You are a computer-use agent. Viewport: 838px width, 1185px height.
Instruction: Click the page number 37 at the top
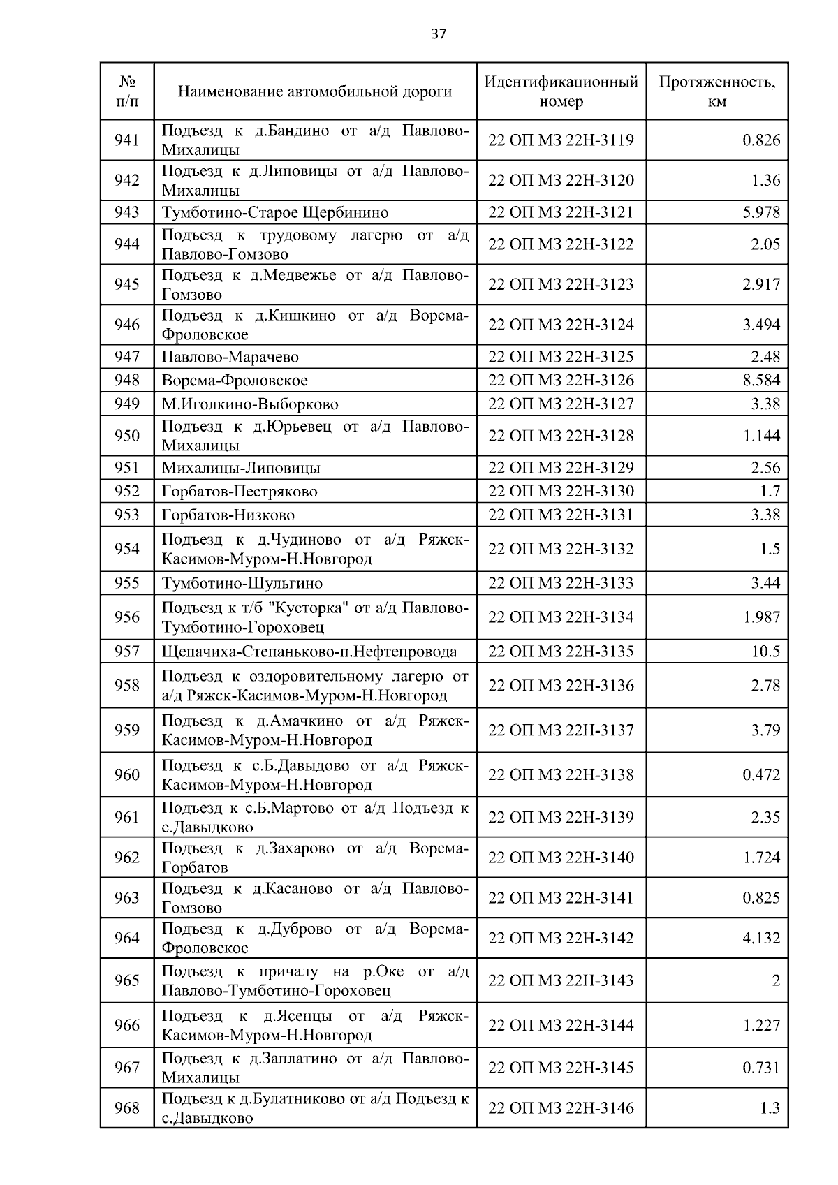(439, 34)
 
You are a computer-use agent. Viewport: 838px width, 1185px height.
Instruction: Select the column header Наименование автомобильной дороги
(314, 91)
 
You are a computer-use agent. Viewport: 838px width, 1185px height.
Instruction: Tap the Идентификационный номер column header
(561, 91)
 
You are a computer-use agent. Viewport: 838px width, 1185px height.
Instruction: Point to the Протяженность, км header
(716, 91)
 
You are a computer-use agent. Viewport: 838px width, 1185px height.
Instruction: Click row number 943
(126, 212)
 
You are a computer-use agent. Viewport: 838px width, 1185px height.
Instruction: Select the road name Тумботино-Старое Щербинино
(275, 212)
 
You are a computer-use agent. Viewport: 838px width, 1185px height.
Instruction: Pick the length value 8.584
(761, 381)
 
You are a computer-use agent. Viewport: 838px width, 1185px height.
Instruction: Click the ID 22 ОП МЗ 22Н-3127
(561, 404)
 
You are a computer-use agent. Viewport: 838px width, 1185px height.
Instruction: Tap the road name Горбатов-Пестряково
(240, 492)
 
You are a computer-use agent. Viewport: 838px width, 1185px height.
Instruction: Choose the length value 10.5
(765, 652)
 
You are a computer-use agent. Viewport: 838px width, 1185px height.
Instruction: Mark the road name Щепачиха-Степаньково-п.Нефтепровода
(309, 652)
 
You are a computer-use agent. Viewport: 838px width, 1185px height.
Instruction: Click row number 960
(126, 774)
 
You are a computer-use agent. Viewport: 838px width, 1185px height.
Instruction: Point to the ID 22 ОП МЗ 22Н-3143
(561, 980)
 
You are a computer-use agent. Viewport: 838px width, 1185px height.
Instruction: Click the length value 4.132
(761, 938)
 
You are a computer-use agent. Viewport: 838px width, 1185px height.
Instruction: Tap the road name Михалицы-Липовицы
(241, 468)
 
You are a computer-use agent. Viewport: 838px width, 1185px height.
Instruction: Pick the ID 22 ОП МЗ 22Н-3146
(561, 1108)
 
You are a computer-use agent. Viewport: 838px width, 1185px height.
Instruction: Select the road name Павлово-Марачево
(230, 358)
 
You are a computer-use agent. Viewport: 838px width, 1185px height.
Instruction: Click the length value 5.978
(761, 212)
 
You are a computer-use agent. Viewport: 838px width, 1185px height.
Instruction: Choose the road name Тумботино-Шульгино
(242, 583)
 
